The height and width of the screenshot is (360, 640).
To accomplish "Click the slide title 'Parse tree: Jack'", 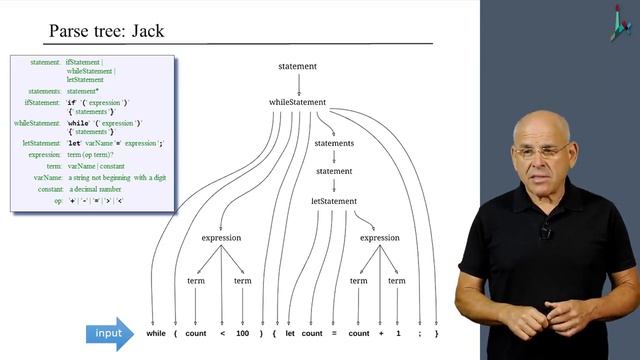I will pos(106,31).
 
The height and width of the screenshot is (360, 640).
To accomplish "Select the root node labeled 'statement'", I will pos(298,67).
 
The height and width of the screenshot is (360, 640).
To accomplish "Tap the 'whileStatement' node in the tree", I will pos(298,102).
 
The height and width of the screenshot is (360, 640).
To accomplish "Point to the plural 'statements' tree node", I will pos(334,144).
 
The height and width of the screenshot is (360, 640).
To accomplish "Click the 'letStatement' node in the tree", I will pos(334,201).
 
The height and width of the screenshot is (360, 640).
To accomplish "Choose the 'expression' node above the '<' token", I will pos(222,238).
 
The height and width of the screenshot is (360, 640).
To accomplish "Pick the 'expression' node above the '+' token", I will pos(379,238).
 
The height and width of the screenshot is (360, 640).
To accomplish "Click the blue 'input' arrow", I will pos(109,333).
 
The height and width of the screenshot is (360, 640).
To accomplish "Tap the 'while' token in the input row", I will pos(156,333).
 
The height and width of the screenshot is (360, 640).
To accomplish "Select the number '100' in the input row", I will pos(243,333).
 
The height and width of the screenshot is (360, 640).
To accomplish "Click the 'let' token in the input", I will pos(289,333).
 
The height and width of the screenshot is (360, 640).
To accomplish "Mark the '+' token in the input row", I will pos(379,333).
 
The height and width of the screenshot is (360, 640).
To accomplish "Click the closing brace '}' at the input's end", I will pos(437,333).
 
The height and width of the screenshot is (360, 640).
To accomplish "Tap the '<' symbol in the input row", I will pos(222,333).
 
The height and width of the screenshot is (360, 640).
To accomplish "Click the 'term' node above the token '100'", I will pos(243,281).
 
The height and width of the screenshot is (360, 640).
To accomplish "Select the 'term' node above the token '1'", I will pos(397,281).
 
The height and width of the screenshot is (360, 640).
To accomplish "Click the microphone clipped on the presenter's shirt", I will pos(545,232).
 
